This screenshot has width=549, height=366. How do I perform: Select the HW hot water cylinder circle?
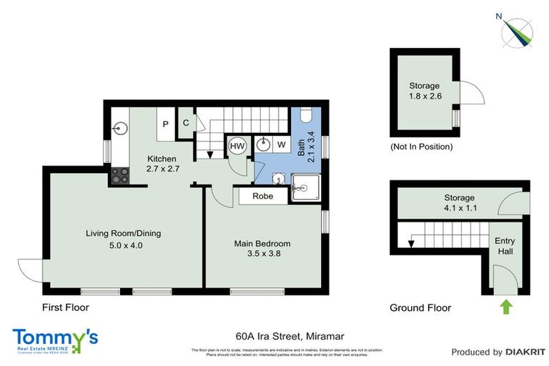point(237,146)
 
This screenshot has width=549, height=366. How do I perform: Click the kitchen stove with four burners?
point(119,175)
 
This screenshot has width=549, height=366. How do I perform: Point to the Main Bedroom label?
point(262,243)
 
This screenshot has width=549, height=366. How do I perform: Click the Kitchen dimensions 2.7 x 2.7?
point(162,169)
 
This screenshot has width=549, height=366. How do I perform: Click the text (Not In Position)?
point(421,147)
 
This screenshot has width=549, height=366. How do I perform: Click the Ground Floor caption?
point(420,308)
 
